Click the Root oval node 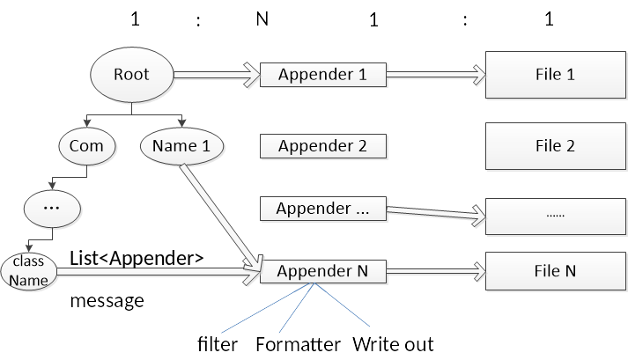click(132, 75)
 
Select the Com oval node click(87, 146)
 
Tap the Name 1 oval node click(181, 146)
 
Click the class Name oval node click(28, 273)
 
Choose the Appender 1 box click(322, 75)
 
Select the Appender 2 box click(322, 145)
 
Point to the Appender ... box click(322, 209)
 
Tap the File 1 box click(555, 75)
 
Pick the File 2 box click(555, 146)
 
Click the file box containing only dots click(555, 215)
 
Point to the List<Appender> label click(137, 258)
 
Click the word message click(107, 301)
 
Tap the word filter click(218, 343)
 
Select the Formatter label click(298, 343)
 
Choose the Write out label click(393, 343)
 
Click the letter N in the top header click(262, 19)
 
